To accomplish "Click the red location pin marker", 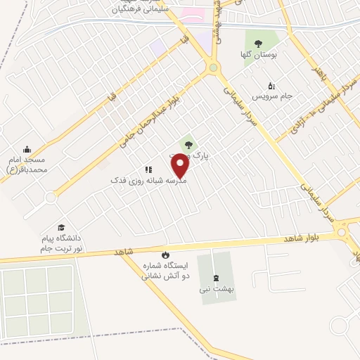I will pyautogui.click(x=181, y=166).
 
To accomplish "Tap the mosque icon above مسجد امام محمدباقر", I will pyautogui.click(x=27, y=149).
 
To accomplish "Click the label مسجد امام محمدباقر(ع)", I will pyautogui.click(x=27, y=165).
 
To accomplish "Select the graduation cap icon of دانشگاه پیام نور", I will pyautogui.click(x=61, y=227).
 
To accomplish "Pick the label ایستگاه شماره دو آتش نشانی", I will pyautogui.click(x=166, y=271).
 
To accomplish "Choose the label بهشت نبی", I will pyautogui.click(x=215, y=288).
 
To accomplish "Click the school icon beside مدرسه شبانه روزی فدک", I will pyautogui.click(x=148, y=169).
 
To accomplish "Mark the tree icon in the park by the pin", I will pyautogui.click(x=187, y=146).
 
